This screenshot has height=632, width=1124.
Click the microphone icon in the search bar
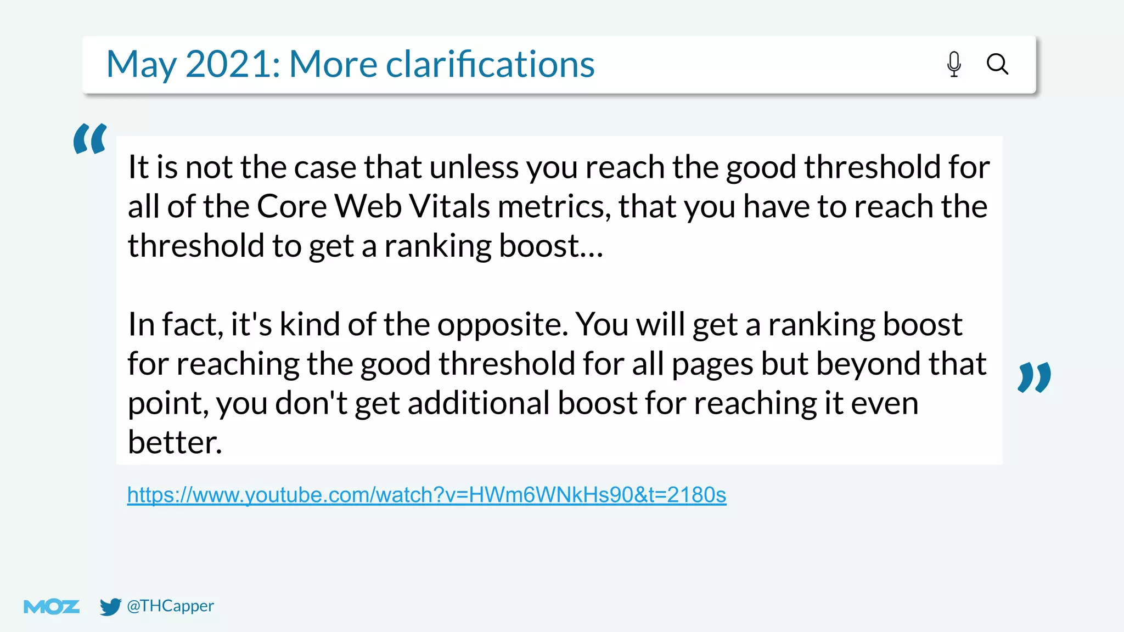tap(954, 64)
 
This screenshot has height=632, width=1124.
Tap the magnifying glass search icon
tap(997, 64)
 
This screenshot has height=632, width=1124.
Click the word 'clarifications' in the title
tap(490, 64)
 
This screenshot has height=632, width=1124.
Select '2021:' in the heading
tap(233, 64)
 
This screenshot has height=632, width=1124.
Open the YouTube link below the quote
tap(426, 495)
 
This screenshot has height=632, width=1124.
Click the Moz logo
tap(52, 606)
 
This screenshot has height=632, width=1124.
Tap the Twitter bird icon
tap(110, 606)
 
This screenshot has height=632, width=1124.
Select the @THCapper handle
tap(170, 606)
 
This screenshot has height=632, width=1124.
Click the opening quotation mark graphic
tap(90, 138)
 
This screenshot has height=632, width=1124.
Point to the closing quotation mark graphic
tap(1034, 377)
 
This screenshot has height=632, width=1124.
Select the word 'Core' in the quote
tap(291, 207)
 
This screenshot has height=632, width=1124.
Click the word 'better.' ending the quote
tap(175, 442)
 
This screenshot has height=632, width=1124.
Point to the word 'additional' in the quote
tap(479, 403)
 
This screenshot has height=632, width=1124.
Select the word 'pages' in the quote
tap(712, 364)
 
